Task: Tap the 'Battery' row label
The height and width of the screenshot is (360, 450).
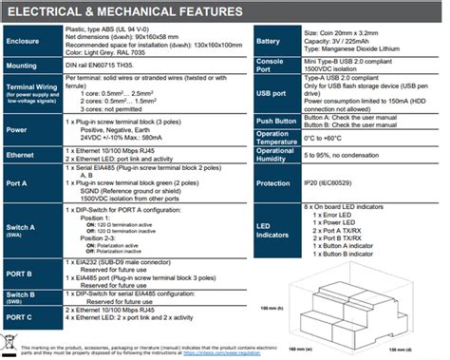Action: click(270, 43)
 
